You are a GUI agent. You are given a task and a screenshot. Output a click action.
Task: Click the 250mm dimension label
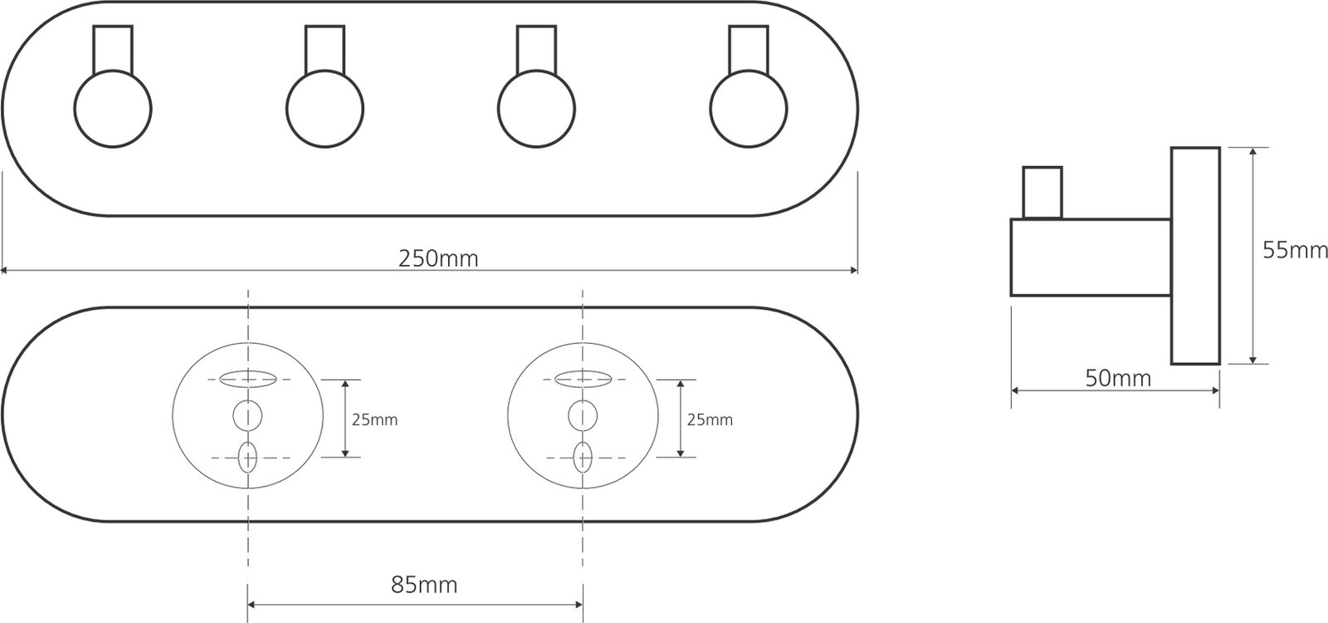click(438, 258)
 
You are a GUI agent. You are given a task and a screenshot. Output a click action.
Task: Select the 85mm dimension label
click(424, 585)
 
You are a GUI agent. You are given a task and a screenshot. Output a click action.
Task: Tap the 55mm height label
click(1295, 250)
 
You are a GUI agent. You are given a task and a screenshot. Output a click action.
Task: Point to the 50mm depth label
click(1118, 378)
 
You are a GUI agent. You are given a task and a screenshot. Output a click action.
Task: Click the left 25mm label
click(374, 420)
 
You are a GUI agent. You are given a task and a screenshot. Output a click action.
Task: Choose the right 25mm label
click(710, 420)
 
